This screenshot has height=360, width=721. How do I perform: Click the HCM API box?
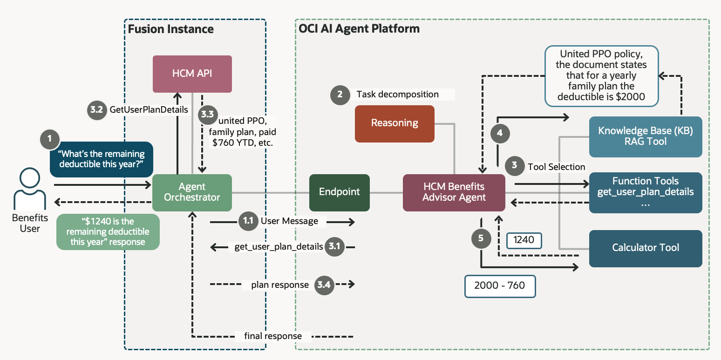point(192,74)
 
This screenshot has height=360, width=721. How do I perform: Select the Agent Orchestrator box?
point(192,192)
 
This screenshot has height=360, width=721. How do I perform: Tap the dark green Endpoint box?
point(339,192)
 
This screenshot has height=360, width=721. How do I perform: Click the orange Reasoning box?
point(395,123)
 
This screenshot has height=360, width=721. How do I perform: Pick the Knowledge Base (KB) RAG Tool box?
point(645,136)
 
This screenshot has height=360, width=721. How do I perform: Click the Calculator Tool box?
point(645,248)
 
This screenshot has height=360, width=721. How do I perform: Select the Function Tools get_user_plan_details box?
point(645,192)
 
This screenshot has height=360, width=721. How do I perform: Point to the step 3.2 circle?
point(96,110)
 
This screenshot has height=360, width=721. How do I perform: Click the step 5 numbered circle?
point(481,238)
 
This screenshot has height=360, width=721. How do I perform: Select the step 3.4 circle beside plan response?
point(324,285)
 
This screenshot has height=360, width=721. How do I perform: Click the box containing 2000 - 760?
point(500,286)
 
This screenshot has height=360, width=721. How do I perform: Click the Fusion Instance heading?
point(171,29)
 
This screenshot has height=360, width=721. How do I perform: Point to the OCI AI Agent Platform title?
point(359,29)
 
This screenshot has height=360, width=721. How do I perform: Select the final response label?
point(273,336)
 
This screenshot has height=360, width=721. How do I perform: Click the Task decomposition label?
point(397,94)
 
